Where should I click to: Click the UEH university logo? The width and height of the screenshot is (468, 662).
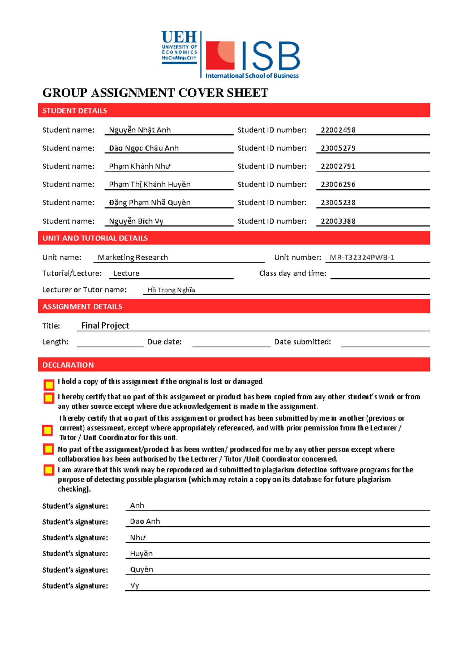[179, 48]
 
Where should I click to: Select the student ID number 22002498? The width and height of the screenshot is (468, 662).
[338, 130]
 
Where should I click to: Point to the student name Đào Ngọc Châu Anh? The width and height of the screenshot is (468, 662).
[144, 148]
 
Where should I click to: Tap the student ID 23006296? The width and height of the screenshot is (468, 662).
[338, 184]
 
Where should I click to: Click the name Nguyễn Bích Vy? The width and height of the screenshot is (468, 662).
[136, 221]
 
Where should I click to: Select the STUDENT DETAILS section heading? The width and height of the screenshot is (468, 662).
[74, 111]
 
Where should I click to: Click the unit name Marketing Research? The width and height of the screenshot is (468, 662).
[133, 258]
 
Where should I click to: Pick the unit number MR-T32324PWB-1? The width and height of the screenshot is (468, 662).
[362, 258]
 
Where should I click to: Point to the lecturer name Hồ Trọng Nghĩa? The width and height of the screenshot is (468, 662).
[171, 290]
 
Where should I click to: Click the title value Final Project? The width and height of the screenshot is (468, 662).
[105, 326]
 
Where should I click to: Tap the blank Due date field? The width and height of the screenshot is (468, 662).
[231, 342]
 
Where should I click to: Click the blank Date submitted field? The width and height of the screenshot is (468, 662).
[385, 342]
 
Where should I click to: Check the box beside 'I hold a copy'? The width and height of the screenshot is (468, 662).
[49, 385]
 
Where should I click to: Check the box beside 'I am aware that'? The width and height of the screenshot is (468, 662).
[49, 470]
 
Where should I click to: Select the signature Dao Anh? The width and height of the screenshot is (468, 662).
[145, 521]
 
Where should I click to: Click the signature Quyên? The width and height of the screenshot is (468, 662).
[142, 569]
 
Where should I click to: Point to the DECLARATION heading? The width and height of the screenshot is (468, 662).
[68, 365]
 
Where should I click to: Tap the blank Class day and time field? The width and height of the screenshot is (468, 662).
[380, 274]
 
